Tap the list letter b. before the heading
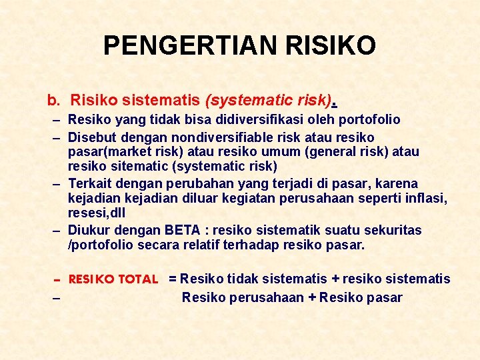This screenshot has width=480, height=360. [x=53, y=101]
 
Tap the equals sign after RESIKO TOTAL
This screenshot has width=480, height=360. [x=173, y=279]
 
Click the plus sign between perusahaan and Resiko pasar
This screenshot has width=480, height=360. [x=311, y=297]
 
